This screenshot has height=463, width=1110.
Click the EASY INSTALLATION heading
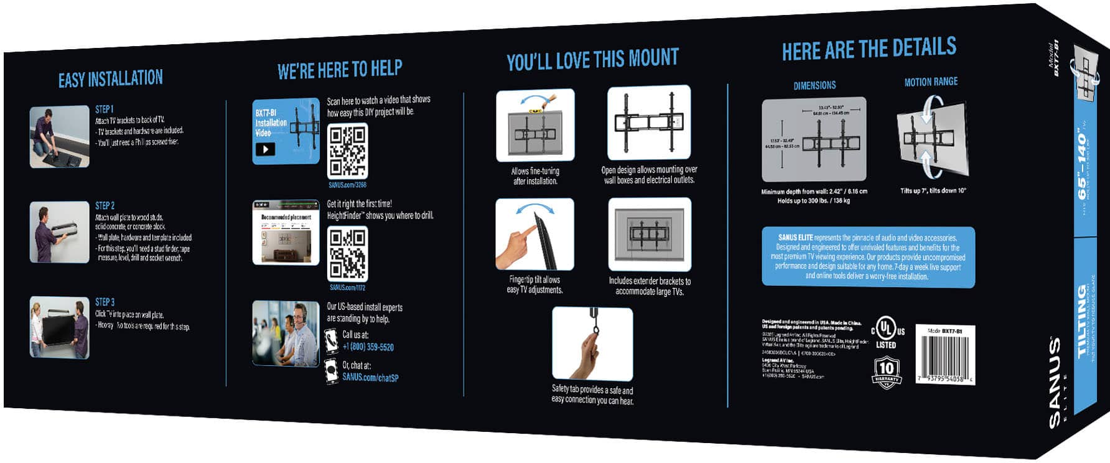pyautogui.click(x=111, y=79)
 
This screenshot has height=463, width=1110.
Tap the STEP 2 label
pyautogui.click(x=105, y=205)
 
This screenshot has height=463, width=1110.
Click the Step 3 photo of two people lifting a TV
pyautogui.click(x=60, y=327)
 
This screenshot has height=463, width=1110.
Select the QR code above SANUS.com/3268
pyautogui.click(x=347, y=151)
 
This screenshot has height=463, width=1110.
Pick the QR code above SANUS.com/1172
pyautogui.click(x=347, y=253)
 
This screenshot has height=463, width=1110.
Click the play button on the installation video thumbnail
pyautogui.click(x=265, y=149)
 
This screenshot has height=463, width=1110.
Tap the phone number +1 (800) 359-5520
pyautogui.click(x=368, y=347)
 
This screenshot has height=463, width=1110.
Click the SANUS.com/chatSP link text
pyautogui.click(x=370, y=377)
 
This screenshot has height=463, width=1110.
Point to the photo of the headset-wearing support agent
pyautogui.click(x=286, y=334)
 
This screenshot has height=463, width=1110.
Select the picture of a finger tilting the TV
pyautogui.click(x=534, y=235)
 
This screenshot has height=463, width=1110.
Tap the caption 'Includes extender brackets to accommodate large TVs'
pyautogui.click(x=650, y=286)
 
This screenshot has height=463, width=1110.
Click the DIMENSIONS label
pyautogui.click(x=814, y=85)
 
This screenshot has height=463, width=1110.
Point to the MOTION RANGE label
pyautogui.click(x=931, y=82)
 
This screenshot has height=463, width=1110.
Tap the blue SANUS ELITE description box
pyautogui.click(x=868, y=256)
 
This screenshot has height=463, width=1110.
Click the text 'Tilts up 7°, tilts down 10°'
pyautogui.click(x=933, y=190)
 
